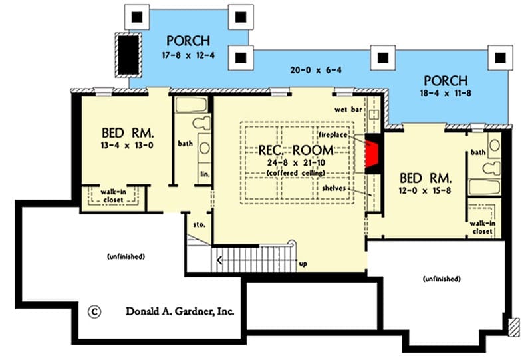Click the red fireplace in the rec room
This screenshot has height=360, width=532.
(x=372, y=154)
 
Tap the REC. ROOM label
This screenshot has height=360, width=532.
(x=296, y=150)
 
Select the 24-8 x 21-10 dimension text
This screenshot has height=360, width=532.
(x=296, y=162)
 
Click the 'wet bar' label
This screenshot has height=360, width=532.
(x=348, y=110)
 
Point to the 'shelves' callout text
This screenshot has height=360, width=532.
(x=334, y=188)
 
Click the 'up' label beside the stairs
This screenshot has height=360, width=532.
(x=303, y=264)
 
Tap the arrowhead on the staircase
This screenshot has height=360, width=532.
(x=219, y=260)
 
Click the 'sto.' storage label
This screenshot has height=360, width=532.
(x=199, y=224)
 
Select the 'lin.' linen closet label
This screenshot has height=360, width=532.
(x=205, y=174)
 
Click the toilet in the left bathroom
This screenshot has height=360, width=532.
(x=202, y=122)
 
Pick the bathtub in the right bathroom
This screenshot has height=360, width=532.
(x=484, y=187)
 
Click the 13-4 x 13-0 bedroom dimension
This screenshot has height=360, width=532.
(x=127, y=146)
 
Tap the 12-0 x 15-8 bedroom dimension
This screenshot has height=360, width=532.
(x=425, y=190)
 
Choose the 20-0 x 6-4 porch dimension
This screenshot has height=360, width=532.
(x=316, y=71)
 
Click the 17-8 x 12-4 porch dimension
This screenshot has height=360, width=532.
(x=188, y=55)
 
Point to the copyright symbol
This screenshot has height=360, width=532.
(x=94, y=312)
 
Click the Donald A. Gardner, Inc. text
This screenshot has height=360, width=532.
(x=180, y=311)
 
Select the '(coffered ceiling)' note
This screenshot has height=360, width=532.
(x=296, y=173)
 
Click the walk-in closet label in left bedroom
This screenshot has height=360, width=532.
(x=113, y=196)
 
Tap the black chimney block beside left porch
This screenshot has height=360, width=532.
(x=128, y=55)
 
